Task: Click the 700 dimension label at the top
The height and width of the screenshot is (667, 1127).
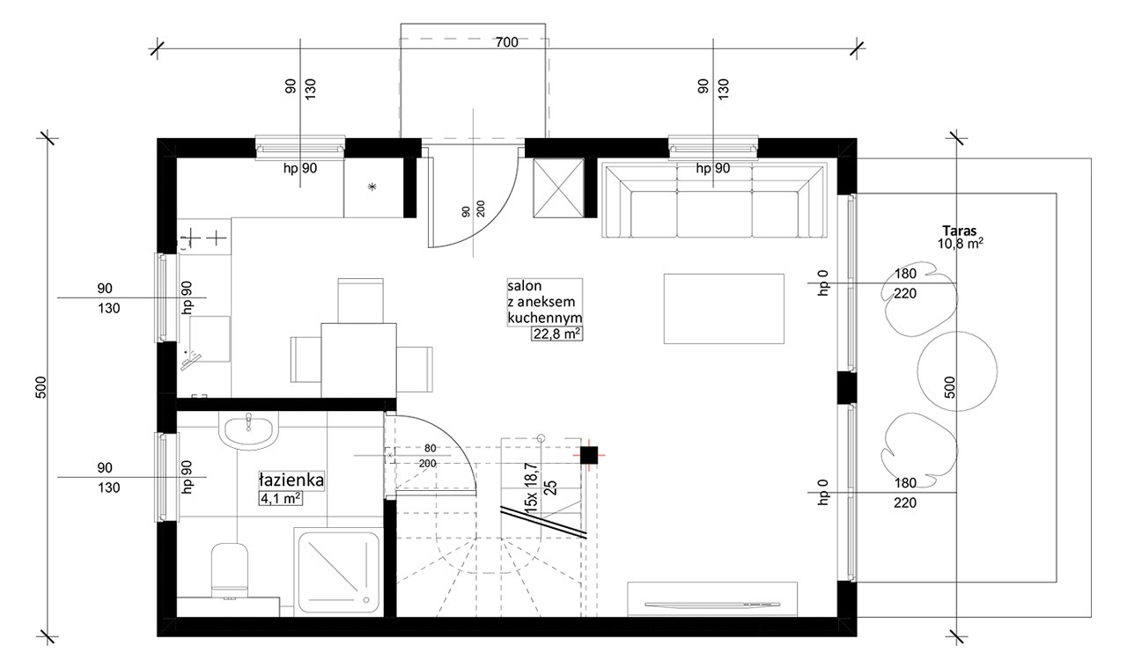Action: tap(506, 42)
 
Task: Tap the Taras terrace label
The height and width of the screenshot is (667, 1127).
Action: tap(960, 231)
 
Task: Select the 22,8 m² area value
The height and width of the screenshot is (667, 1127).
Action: tap(557, 333)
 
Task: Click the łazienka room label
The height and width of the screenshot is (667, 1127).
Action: tap(291, 480)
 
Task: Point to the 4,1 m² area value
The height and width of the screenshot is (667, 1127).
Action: tap(281, 498)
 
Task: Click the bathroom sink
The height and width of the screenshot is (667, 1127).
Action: tap(248, 430)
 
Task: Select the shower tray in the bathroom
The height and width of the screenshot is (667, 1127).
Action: tap(339, 573)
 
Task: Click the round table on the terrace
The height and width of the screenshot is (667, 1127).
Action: tap(957, 371)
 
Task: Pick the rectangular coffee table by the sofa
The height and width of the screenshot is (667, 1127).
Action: tap(724, 309)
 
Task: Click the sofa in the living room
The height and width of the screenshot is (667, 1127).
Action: tap(714, 200)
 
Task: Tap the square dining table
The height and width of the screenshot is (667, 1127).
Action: tap(358, 361)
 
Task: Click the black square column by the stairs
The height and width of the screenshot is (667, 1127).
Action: tap(589, 455)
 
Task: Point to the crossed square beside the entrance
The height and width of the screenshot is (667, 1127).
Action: tap(558, 188)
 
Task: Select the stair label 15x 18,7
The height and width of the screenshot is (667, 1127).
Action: tap(531, 487)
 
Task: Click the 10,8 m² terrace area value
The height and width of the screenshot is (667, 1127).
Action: tap(960, 244)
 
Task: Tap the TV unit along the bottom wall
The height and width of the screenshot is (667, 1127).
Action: tap(712, 599)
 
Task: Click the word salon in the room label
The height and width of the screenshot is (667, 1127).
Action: tap(524, 286)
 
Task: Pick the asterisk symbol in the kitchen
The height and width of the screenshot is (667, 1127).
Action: tap(372, 187)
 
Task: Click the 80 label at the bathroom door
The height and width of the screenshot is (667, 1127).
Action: tap(431, 448)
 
